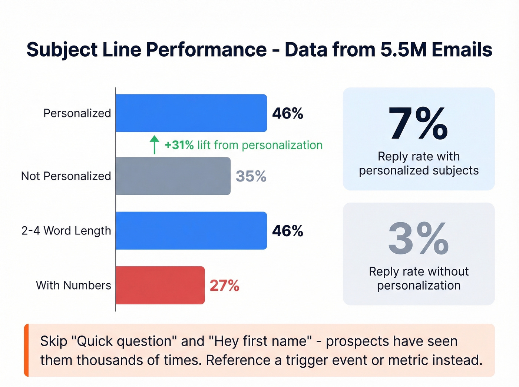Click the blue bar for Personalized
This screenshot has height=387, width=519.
click(x=191, y=113)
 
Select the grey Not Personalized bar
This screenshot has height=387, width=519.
click(x=173, y=176)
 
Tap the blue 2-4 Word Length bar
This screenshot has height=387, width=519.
click(x=191, y=230)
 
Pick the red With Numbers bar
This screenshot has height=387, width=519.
click(x=160, y=285)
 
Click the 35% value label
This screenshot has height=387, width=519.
click(x=251, y=176)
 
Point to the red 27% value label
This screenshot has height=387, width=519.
click(x=224, y=286)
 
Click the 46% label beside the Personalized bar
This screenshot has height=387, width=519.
click(x=288, y=113)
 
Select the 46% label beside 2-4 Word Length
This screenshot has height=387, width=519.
click(x=288, y=231)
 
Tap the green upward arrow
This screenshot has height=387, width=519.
click(x=155, y=144)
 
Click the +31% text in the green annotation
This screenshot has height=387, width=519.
click(x=179, y=145)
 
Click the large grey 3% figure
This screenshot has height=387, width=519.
click(x=418, y=238)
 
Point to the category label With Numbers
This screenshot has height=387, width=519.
click(x=73, y=285)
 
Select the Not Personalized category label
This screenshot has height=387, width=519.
click(x=66, y=176)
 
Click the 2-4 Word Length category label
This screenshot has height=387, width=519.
click(x=66, y=230)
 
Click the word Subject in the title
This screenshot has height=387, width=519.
click(x=62, y=50)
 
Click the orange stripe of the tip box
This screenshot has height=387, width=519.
click(x=26, y=350)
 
